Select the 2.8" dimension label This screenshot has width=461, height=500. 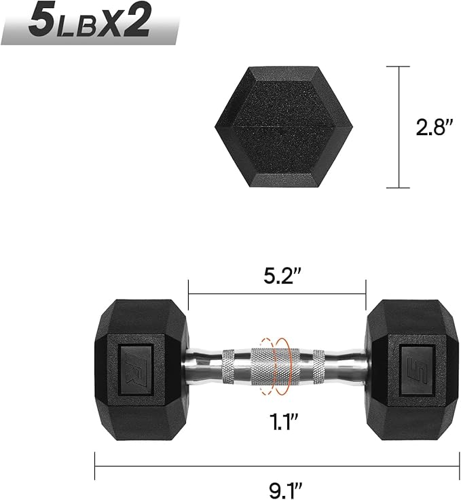[x=434, y=127]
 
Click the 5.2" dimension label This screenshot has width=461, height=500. [x=276, y=276]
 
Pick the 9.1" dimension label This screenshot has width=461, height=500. [x=276, y=486]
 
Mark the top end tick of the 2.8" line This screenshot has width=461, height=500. [x=399, y=67]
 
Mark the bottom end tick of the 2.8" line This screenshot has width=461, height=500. [x=399, y=187]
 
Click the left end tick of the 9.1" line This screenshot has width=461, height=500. [x=95, y=466]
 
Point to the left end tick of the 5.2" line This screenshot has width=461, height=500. [x=188, y=294]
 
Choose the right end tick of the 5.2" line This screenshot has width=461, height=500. [x=366, y=294]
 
